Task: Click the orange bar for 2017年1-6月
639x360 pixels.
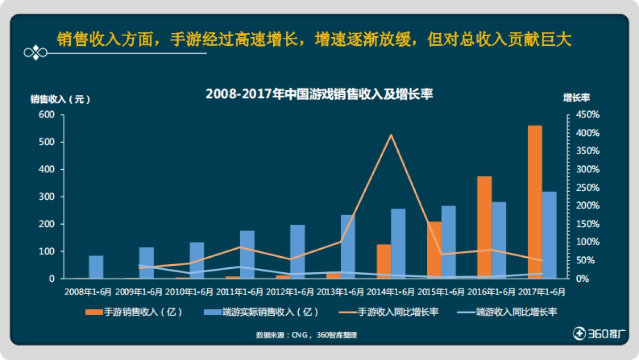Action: [535, 202]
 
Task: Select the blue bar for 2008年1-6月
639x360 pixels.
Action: [96, 267]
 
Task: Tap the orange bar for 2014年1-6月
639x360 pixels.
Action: [384, 261]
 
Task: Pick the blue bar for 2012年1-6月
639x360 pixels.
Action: [297, 251]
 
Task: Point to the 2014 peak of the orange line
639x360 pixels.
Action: [391, 135]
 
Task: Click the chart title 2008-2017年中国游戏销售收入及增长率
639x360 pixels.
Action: [319, 94]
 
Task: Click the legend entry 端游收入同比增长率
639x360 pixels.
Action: [504, 312]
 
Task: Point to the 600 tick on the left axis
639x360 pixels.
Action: [46, 115]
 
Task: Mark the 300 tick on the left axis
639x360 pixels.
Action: [46, 197]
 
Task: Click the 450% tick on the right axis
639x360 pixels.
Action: [588, 115]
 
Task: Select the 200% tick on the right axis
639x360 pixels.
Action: [588, 206]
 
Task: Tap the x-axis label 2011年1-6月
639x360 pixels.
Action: [240, 292]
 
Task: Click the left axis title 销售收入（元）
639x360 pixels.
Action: [60, 99]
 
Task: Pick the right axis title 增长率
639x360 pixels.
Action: [577, 97]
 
